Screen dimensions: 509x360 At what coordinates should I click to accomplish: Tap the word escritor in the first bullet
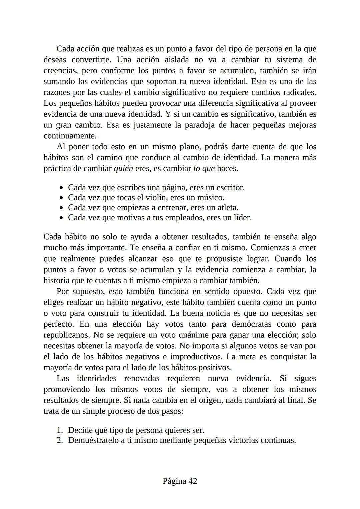click(x=230, y=188)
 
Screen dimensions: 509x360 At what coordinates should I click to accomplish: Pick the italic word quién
click(x=123, y=169)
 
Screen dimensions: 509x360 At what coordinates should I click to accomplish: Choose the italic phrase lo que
click(x=204, y=169)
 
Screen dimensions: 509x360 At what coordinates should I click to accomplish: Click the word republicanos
click(x=66, y=335)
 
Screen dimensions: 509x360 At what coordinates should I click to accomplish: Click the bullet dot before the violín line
click(x=61, y=198)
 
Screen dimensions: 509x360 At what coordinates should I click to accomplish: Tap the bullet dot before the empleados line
click(x=61, y=218)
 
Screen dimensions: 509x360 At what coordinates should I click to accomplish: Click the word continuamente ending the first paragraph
click(x=70, y=136)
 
